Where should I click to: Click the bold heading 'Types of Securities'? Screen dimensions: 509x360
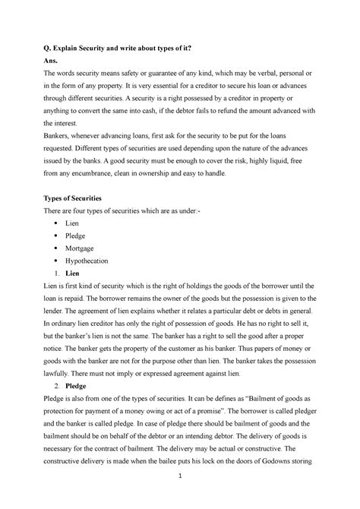(x=79, y=197)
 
